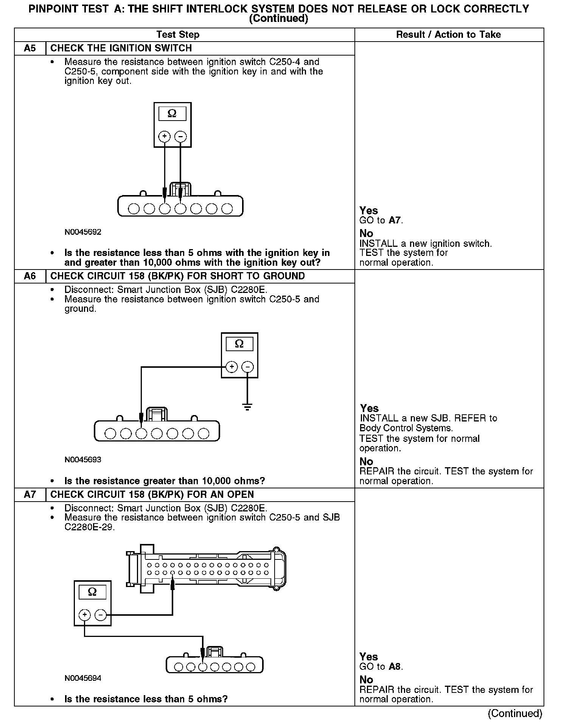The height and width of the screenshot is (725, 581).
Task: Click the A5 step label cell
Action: tap(30, 48)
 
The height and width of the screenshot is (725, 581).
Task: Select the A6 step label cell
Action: tap(30, 276)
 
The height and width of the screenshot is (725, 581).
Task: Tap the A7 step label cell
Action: tap(30, 495)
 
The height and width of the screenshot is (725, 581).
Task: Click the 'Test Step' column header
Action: tap(178, 35)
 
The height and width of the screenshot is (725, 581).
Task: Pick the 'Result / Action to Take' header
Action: tap(449, 35)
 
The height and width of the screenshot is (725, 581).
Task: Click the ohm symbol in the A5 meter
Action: tap(172, 113)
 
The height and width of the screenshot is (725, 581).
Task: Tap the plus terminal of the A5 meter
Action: tap(164, 136)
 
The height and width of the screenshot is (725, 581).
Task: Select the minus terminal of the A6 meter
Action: tap(247, 367)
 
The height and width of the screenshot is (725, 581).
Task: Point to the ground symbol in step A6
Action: tap(247, 407)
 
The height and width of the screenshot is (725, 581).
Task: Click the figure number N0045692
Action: tap(83, 232)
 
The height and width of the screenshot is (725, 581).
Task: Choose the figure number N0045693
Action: tap(83, 460)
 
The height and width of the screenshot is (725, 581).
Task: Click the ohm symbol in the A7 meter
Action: tap(92, 592)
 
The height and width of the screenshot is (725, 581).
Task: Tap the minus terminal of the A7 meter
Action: tap(100, 615)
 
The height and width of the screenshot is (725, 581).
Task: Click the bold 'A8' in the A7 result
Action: tap(395, 667)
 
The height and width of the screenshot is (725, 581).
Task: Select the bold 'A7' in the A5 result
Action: tap(395, 220)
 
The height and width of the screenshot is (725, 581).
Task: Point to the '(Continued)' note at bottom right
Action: tap(515, 713)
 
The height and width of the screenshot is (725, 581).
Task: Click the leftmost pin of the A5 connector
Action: tap(134, 209)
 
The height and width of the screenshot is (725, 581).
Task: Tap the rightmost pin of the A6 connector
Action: tap(204, 434)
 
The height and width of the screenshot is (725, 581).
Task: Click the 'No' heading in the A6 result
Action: tap(367, 462)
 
